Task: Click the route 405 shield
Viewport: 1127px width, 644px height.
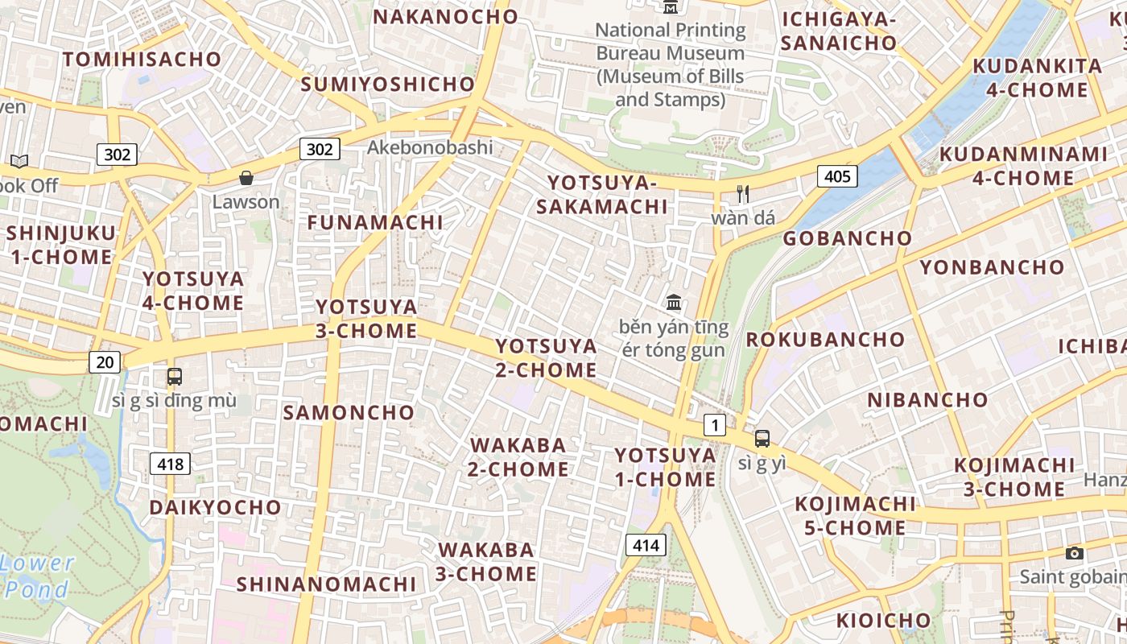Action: (837, 175)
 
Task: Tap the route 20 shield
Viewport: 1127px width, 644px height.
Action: (105, 362)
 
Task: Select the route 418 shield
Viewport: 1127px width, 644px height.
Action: (170, 464)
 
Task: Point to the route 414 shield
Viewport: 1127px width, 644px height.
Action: (646, 545)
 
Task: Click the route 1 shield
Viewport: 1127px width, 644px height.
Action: (714, 425)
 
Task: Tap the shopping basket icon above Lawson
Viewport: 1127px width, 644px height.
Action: (246, 178)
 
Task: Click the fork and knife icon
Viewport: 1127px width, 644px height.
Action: (743, 194)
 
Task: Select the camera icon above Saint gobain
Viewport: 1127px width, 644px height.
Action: (1074, 553)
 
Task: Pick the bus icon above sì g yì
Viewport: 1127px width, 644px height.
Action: (762, 439)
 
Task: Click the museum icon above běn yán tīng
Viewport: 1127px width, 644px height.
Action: (674, 303)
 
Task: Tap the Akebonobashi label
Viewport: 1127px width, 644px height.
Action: (430, 147)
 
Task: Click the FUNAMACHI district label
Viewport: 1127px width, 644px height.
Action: (375, 222)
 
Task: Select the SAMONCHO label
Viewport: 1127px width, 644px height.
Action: (349, 413)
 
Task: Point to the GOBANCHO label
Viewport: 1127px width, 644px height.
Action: (848, 238)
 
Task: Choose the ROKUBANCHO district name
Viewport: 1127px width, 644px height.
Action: (825, 339)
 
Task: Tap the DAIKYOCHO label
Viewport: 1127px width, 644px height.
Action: (215, 507)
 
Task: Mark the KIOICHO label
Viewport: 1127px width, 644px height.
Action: (883, 621)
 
